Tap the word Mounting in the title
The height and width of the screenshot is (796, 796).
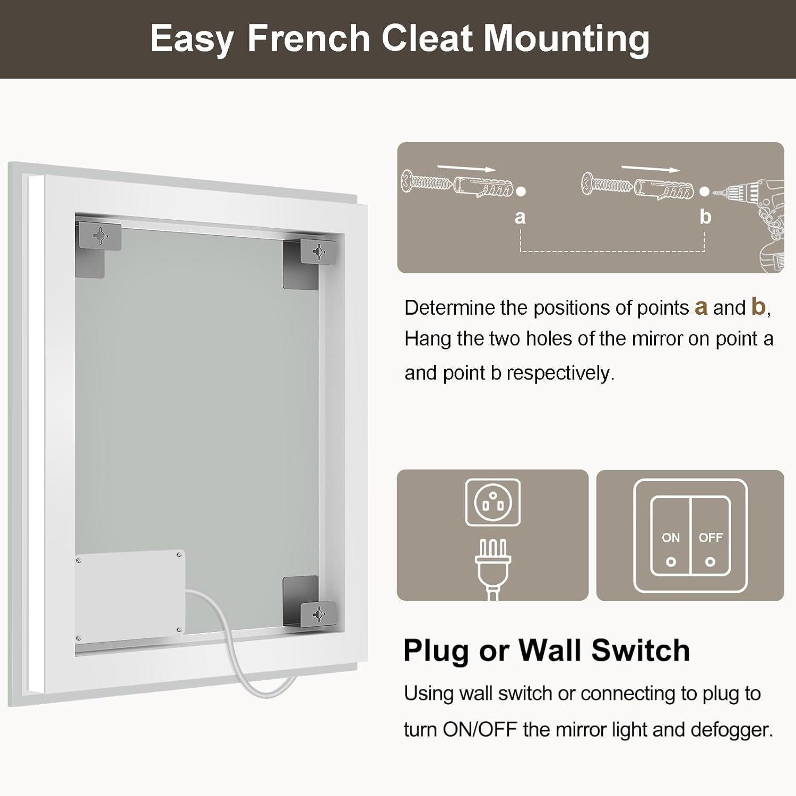tap(567, 40)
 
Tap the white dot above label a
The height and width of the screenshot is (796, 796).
tap(521, 192)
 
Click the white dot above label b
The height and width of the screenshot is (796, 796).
tap(704, 192)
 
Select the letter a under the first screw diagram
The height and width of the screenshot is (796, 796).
tap(520, 217)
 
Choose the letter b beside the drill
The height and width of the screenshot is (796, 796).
tap(705, 216)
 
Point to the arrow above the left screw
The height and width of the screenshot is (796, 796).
tap(467, 167)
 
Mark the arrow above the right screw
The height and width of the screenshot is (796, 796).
tap(651, 168)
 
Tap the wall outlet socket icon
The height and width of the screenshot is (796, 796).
tap(493, 503)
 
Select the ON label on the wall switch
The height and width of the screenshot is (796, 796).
tap(671, 538)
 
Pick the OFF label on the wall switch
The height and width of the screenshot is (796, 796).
tap(711, 538)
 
